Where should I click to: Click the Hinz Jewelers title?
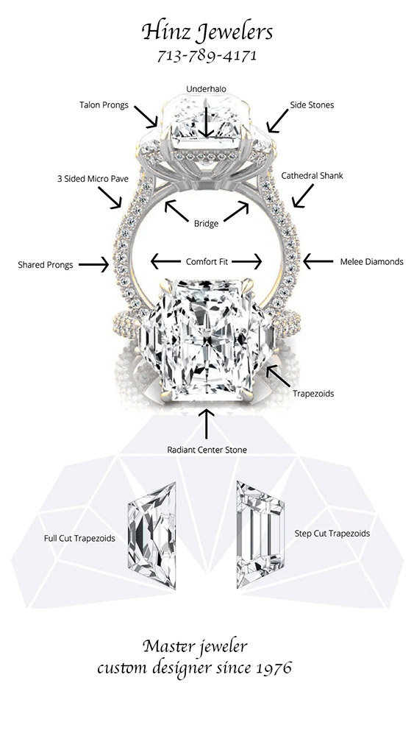click(x=207, y=33)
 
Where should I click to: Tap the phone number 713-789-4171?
click(x=207, y=56)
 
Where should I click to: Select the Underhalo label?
click(x=207, y=89)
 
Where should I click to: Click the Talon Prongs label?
click(x=104, y=105)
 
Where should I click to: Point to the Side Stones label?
click(x=312, y=105)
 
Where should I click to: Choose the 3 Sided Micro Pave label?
click(x=93, y=179)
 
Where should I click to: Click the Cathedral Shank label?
click(x=312, y=176)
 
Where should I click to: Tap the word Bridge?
click(x=207, y=224)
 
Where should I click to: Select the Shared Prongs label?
click(x=46, y=265)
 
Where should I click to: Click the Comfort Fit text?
click(x=207, y=261)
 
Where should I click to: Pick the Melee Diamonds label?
click(x=371, y=261)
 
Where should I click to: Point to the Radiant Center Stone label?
click(x=207, y=450)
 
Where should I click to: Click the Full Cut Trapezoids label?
click(x=79, y=538)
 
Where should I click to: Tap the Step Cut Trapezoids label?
click(x=332, y=533)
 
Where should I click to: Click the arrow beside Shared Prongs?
click(x=93, y=265)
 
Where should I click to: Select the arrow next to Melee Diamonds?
click(x=318, y=261)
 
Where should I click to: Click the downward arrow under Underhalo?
click(x=207, y=121)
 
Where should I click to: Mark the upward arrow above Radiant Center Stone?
click(x=207, y=424)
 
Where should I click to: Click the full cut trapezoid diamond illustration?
click(x=152, y=536)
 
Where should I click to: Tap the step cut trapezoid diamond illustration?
click(x=260, y=534)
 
